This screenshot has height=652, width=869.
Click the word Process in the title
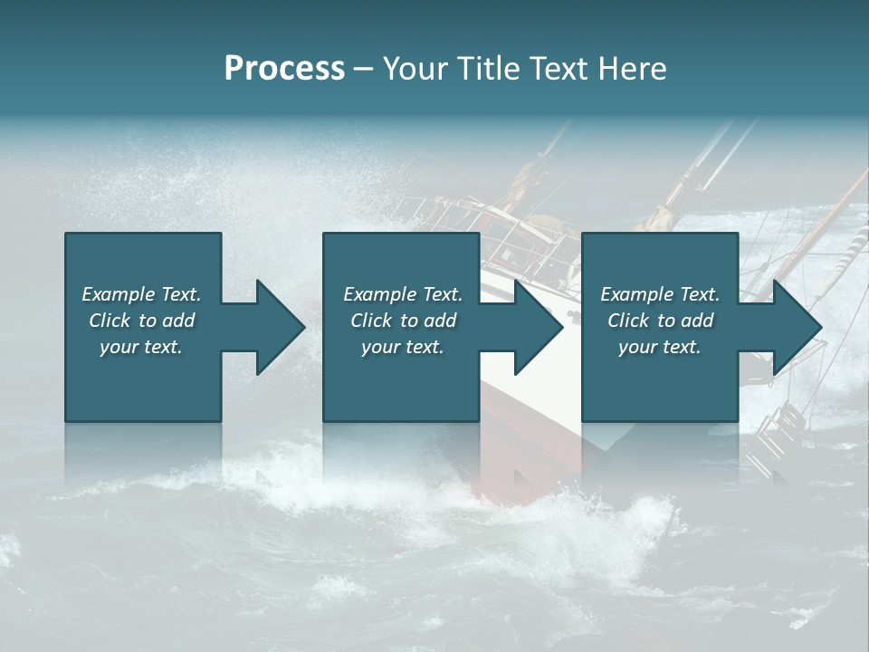click(x=284, y=69)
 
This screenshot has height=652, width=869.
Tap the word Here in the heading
click(x=632, y=69)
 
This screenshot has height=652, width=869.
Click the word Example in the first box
click(x=118, y=294)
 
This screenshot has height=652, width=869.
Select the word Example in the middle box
click(x=379, y=294)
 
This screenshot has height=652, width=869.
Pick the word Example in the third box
click(x=636, y=294)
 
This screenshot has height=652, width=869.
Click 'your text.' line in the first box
click(x=141, y=347)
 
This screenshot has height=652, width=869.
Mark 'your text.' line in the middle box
click(x=402, y=347)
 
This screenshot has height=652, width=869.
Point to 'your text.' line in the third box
click(x=659, y=347)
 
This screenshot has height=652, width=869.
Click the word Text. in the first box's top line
click(x=181, y=294)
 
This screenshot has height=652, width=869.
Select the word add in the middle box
click(x=440, y=321)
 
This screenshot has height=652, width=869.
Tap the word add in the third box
click(x=697, y=321)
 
